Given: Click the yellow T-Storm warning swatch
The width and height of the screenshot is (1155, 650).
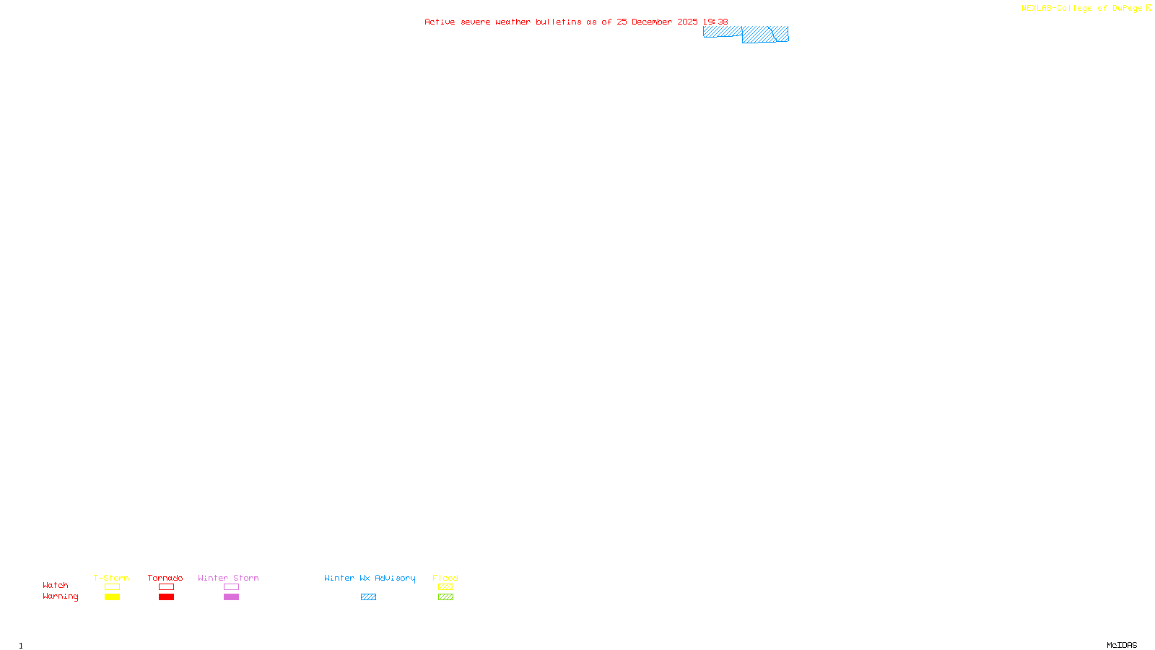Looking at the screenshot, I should tap(112, 597).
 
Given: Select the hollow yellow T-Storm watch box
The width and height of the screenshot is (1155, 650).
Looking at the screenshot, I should tap(112, 587).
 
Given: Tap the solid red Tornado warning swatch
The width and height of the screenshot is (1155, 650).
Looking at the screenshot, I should tap(166, 597).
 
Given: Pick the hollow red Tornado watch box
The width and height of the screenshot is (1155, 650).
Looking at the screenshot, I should tap(166, 587).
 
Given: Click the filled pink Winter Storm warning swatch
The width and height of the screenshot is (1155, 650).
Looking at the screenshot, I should tap(231, 597).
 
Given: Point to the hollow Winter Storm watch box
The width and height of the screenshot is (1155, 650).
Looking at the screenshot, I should tap(231, 587).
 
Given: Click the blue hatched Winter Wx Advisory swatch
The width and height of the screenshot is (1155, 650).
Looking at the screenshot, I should tap(368, 597).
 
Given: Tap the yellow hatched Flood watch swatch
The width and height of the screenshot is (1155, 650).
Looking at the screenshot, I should tap(445, 587).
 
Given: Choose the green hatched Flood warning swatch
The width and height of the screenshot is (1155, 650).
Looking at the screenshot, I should tap(445, 597).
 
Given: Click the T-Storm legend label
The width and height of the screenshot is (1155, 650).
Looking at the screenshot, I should tap(111, 578).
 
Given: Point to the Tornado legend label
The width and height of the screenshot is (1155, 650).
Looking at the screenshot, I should tap(165, 578).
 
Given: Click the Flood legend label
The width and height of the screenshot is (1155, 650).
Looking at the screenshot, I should tap(445, 578).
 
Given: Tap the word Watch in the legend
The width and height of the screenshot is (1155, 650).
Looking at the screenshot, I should tap(56, 586).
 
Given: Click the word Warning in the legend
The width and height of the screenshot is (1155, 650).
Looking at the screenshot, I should tap(60, 597).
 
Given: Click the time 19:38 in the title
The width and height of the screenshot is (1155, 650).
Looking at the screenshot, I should tap(715, 22).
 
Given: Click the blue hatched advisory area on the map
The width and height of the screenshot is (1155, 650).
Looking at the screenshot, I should tap(758, 35).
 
